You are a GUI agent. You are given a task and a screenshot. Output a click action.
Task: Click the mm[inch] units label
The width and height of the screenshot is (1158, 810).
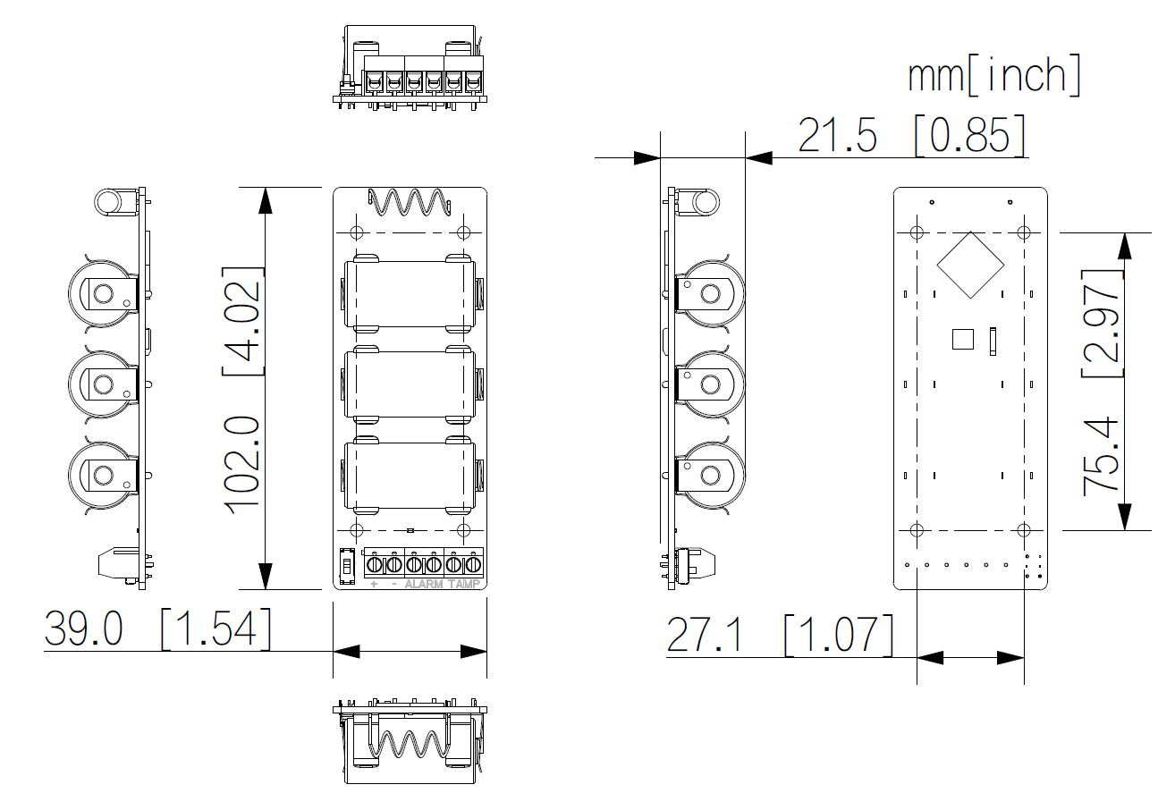[994, 75]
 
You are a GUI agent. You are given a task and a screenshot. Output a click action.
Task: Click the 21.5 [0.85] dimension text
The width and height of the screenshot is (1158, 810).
[911, 135]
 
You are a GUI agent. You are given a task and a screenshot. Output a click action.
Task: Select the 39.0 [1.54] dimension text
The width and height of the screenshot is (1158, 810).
[157, 629]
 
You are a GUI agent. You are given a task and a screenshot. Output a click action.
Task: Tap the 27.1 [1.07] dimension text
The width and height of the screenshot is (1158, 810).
[780, 635]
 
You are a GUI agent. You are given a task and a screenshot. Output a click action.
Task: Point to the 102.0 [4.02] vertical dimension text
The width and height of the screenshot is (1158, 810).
[242, 391]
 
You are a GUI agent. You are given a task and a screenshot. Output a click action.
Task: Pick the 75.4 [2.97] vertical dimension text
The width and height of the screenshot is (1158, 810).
[1102, 383]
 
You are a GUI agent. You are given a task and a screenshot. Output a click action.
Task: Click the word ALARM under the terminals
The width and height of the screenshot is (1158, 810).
[423, 584]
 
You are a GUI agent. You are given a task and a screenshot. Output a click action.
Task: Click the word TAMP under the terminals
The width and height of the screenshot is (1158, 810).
[464, 584]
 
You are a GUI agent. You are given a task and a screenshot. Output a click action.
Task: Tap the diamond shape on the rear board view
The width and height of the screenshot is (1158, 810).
[970, 266]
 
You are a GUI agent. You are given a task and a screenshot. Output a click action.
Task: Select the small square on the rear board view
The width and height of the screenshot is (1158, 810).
[962, 340]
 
